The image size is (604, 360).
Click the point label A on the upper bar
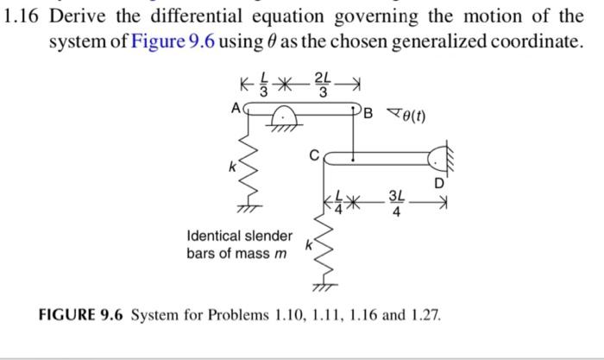tap(235, 110)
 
